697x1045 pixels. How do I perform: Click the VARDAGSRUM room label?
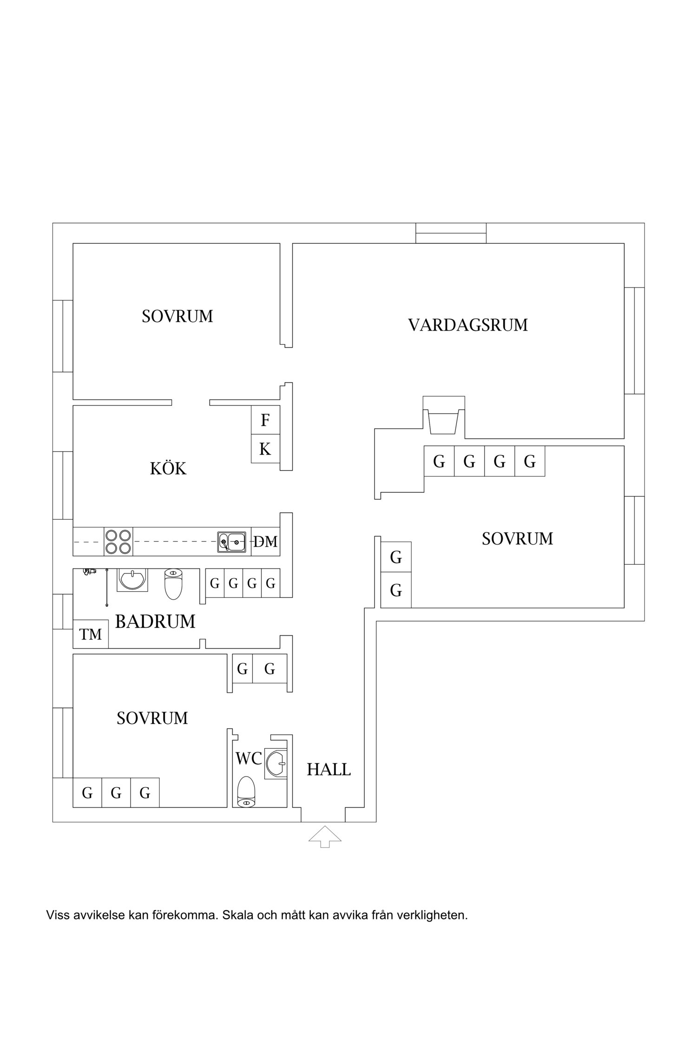point(468,325)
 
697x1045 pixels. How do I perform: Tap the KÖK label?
point(168,469)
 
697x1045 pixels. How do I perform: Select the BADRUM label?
point(155,621)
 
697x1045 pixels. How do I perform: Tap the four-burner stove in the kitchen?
point(118,542)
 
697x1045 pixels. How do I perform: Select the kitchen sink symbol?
point(232,542)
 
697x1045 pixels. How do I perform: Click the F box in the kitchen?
point(265,420)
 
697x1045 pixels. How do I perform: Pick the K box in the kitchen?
point(265,449)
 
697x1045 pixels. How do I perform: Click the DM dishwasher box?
point(265,542)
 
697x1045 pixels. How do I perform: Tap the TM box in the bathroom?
point(91,634)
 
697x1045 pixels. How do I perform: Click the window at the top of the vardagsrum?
point(451,233)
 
